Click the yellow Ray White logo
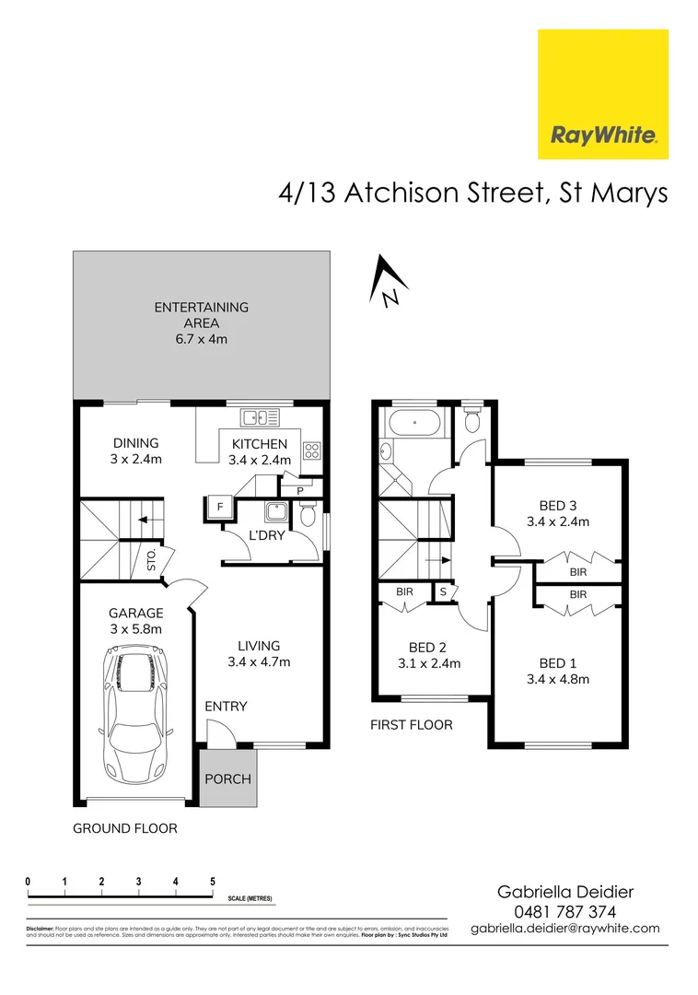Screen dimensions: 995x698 [x=602, y=94]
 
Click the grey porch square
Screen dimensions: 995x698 [x=227, y=778]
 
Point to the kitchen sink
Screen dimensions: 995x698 [x=262, y=418]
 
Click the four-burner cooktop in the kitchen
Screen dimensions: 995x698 [x=312, y=451]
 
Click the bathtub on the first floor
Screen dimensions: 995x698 [x=414, y=426]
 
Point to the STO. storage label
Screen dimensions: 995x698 [x=152, y=560]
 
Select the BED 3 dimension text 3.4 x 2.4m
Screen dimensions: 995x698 [x=557, y=521]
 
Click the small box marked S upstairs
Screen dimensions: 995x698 [x=443, y=591]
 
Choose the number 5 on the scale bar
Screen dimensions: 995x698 [x=213, y=882]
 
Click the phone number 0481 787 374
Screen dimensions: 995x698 [x=564, y=911]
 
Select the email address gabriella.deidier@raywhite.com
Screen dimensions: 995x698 [x=564, y=929]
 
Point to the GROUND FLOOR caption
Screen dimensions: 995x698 [x=124, y=828]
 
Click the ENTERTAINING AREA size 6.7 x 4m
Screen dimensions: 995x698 [x=201, y=339]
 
